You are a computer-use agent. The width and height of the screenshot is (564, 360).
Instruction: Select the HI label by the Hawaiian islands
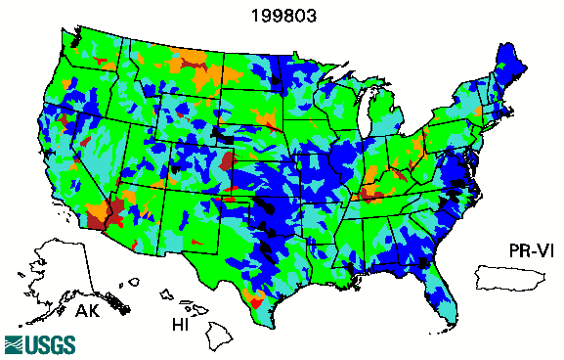pos(179,322)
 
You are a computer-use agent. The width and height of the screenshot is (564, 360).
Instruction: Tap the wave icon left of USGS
pos(14,344)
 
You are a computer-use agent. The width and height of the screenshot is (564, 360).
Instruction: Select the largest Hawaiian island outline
pos(221,337)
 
